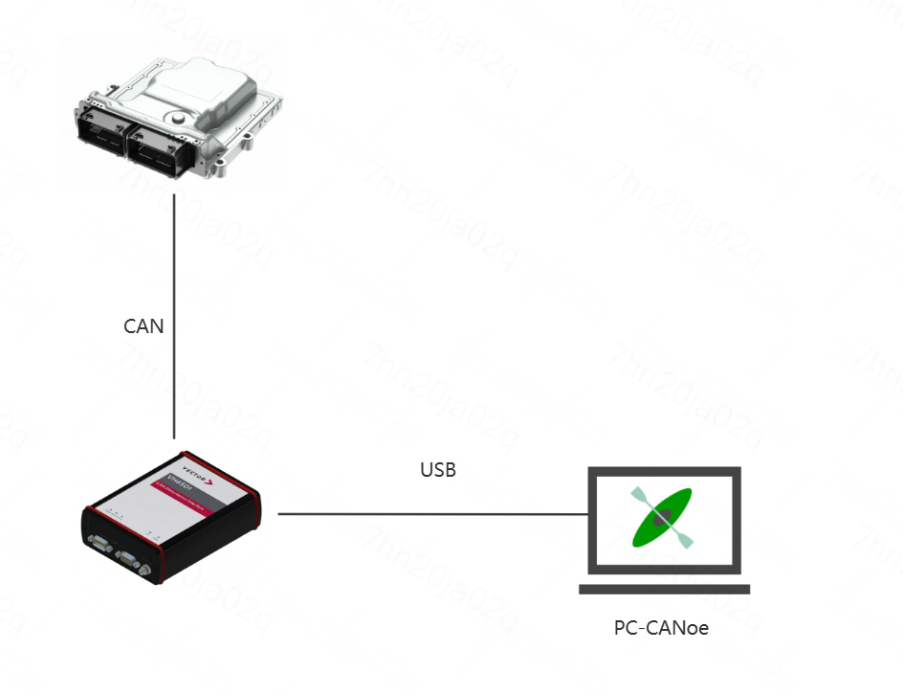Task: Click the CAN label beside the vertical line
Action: (143, 326)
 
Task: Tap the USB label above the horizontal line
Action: (438, 470)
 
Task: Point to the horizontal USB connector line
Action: (430, 514)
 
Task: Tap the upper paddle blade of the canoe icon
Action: (638, 496)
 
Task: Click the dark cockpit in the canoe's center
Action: (662, 518)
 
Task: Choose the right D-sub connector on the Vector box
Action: (127, 559)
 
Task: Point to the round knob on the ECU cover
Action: (178, 118)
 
